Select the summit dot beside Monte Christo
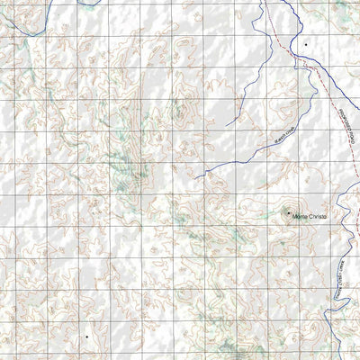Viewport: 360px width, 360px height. tap(288, 212)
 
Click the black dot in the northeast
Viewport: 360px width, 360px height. tap(305, 43)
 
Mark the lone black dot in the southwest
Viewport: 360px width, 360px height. tap(87, 336)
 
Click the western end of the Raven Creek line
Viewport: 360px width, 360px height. tap(195, 175)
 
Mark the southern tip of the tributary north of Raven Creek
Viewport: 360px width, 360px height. tap(229, 123)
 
